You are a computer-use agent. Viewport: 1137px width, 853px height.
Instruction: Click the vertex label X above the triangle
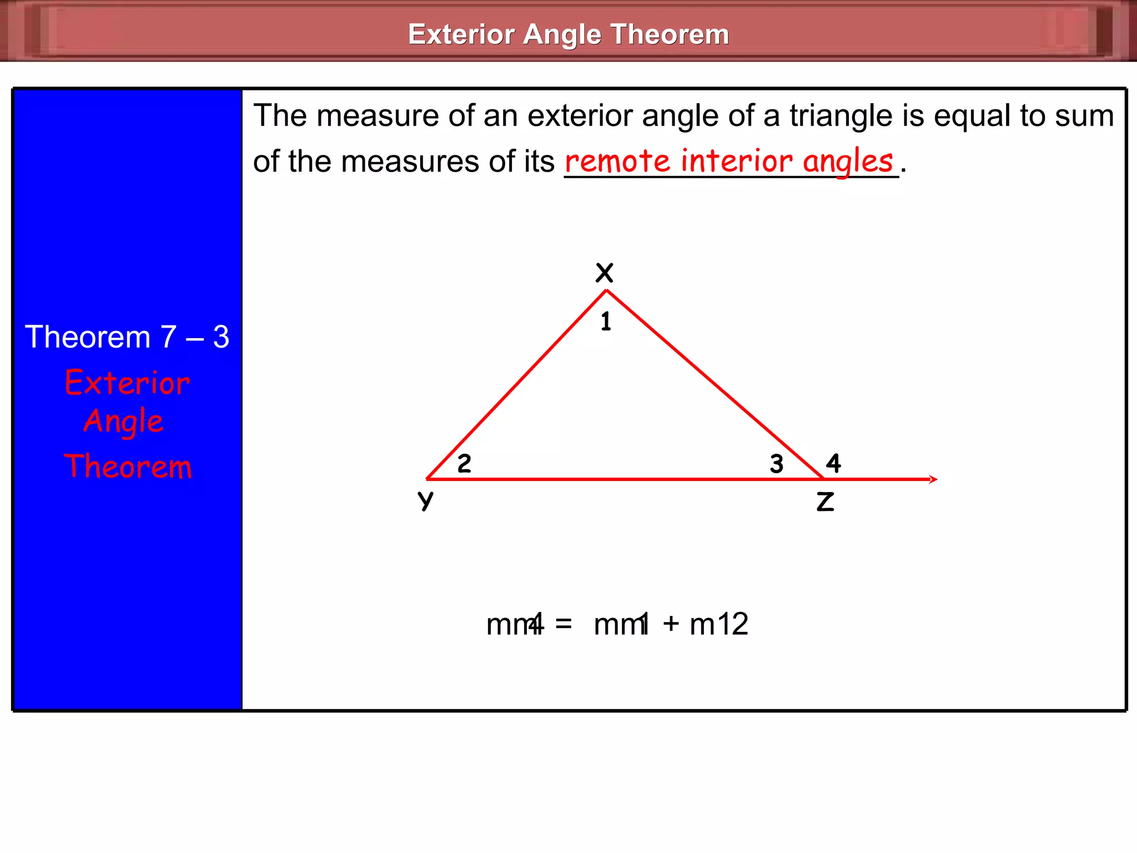pos(604,273)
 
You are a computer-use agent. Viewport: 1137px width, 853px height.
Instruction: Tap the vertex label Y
pos(425,500)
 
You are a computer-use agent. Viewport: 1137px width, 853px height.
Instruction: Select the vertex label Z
pos(825,501)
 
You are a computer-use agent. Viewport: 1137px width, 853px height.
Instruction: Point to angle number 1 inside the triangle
pos(606,322)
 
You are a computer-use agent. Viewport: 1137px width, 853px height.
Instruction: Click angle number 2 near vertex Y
pos(464,463)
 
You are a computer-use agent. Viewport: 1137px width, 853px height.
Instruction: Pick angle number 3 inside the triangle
pos(776,464)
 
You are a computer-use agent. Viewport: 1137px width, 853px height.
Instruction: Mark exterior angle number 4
pos(833,463)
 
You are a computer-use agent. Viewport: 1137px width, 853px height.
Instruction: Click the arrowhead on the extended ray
pos(933,479)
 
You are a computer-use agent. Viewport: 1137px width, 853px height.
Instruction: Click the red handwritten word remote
pos(617,162)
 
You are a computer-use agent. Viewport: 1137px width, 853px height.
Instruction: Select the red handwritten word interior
pos(737,161)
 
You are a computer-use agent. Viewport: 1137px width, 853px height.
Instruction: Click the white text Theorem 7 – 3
pos(127,337)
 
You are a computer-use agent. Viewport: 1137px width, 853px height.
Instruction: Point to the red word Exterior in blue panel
pos(127,383)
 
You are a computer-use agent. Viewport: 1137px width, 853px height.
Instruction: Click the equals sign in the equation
pos(564,624)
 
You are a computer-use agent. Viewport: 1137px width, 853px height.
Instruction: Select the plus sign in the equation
pos(671,624)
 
